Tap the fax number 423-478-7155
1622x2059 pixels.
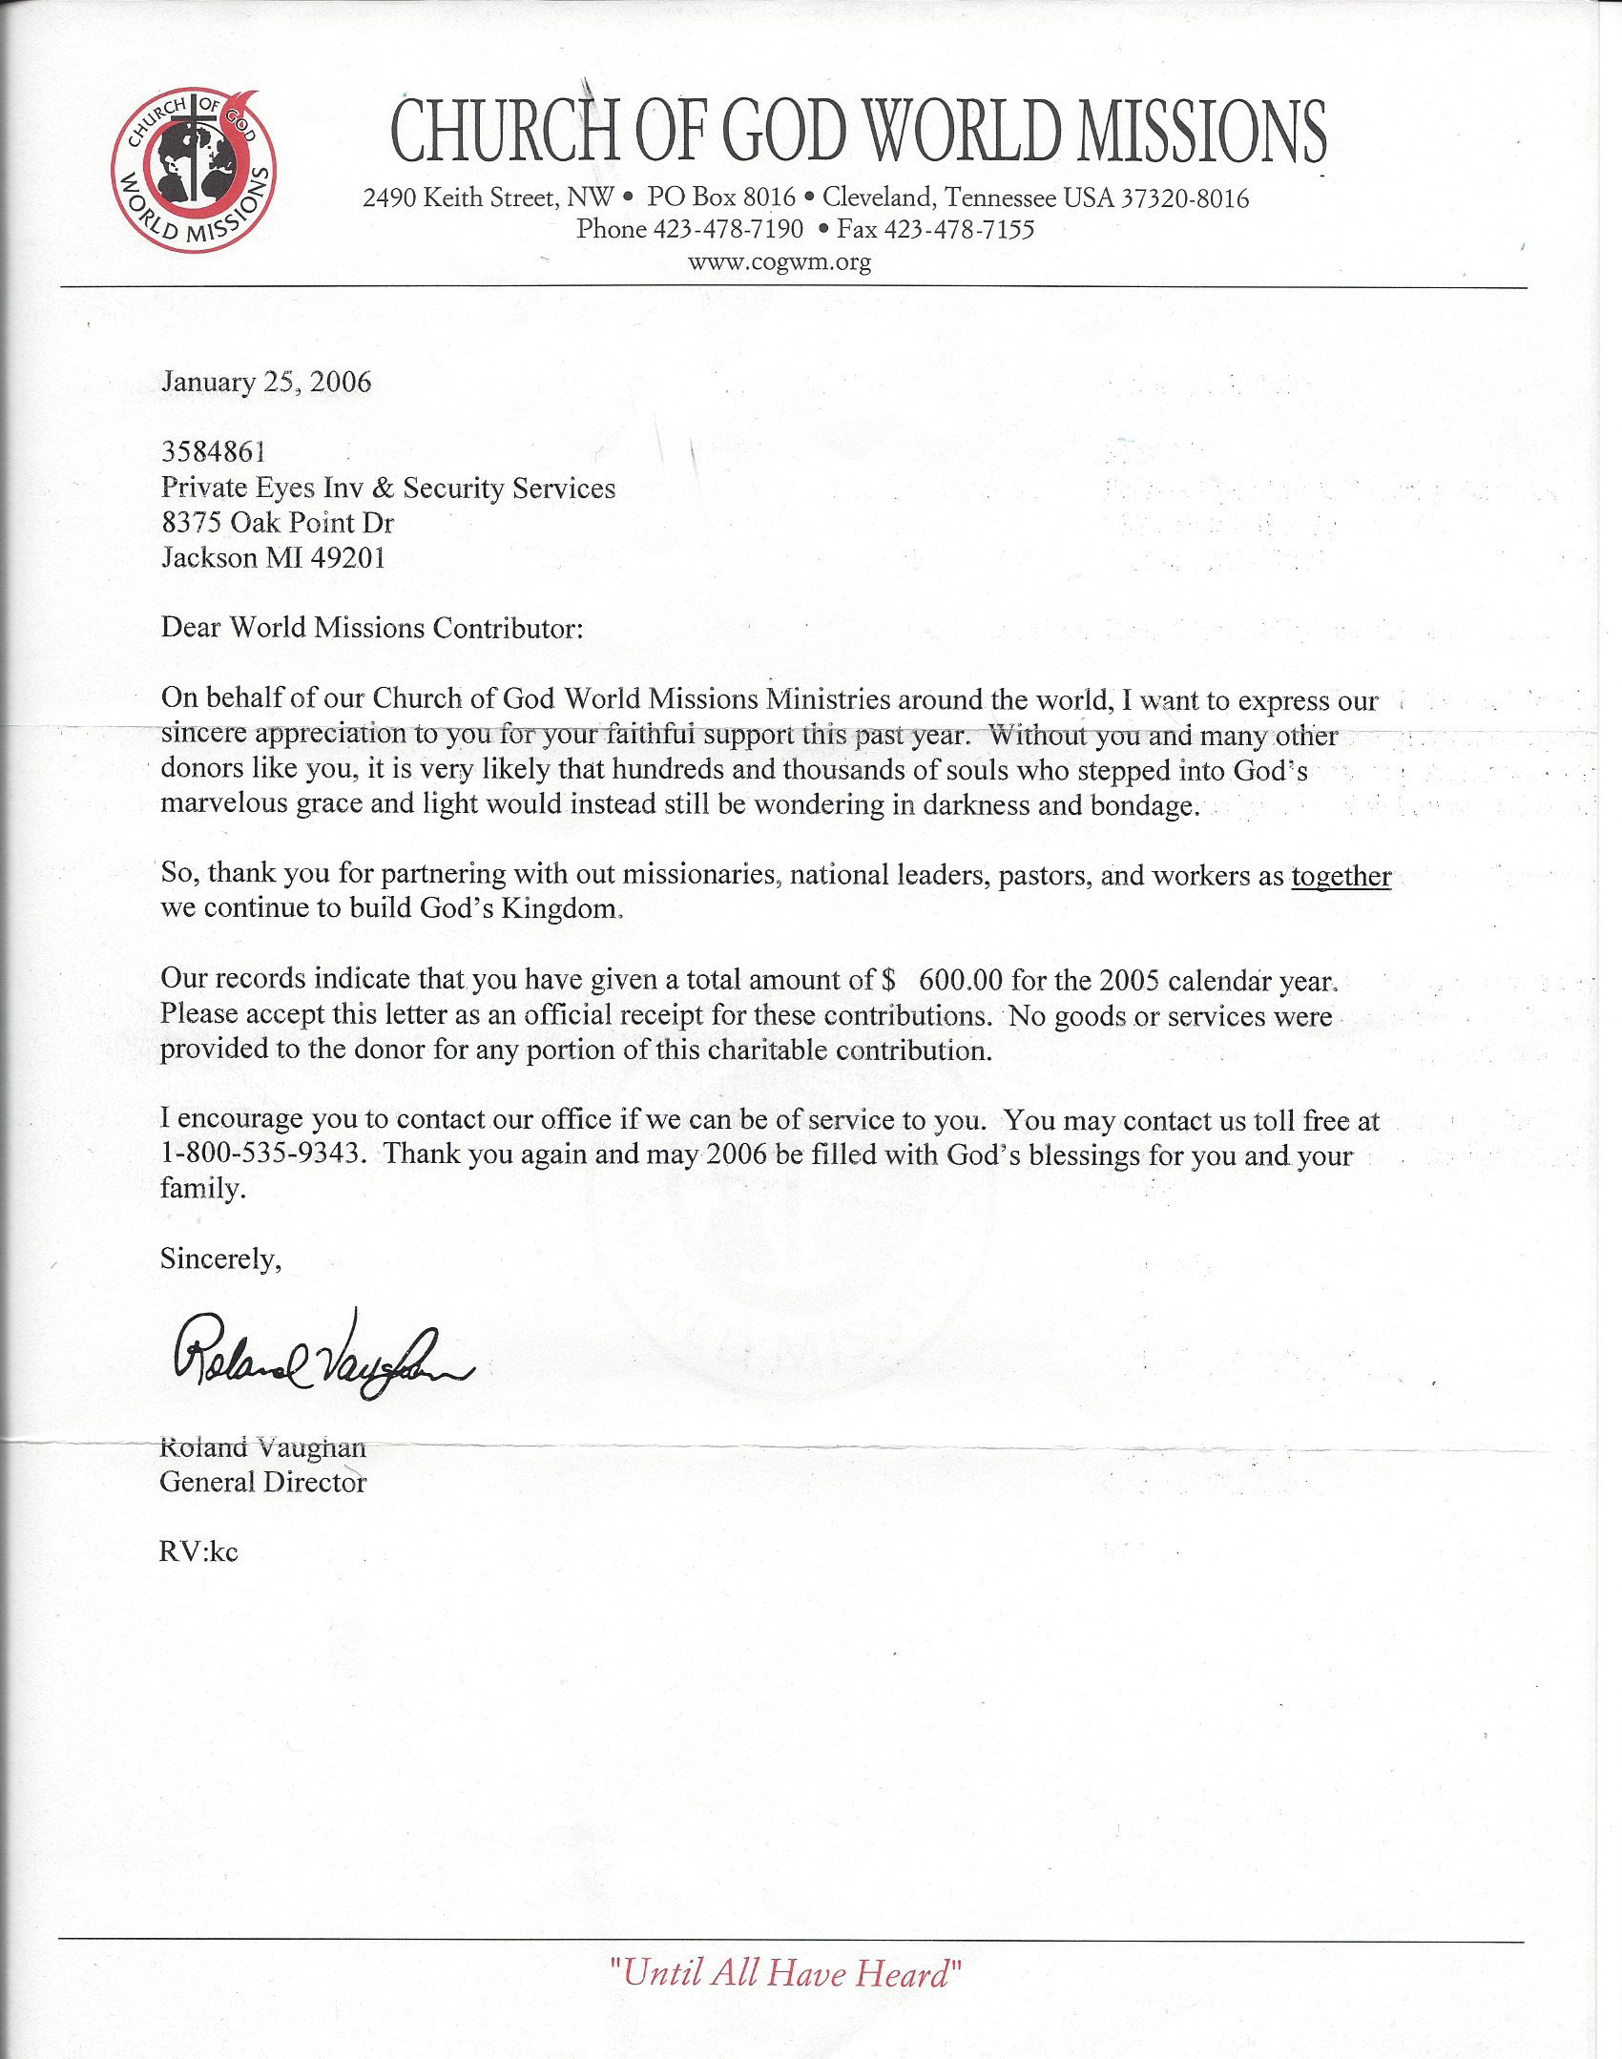959,229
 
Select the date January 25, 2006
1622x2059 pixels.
266,383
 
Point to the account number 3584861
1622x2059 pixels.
213,452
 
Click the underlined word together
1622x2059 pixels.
1341,875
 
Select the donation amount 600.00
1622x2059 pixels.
961,980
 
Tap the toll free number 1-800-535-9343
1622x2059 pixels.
262,1154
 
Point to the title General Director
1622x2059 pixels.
263,1482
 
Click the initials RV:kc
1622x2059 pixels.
198,1552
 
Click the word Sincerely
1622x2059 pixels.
220,1259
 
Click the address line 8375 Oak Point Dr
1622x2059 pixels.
278,522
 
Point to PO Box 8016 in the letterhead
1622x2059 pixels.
721,198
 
